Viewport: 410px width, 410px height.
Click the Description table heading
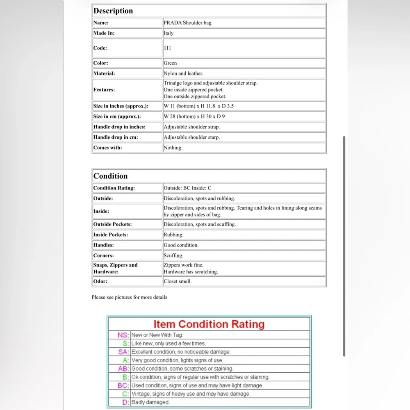[x=113, y=11]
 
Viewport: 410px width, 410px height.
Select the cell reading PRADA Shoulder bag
[x=187, y=23]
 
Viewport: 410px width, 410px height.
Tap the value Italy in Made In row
[x=169, y=33]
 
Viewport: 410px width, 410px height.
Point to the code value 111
[x=167, y=48]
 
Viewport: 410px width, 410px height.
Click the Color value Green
[x=170, y=63]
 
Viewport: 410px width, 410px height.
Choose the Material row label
[x=104, y=73]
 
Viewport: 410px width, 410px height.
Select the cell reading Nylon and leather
[x=183, y=73]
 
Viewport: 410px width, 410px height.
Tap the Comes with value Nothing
[x=173, y=148]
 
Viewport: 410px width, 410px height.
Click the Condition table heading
[x=110, y=176]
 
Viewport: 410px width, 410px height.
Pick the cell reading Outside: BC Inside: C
[x=187, y=188]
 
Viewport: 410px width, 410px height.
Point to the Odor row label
[x=100, y=281]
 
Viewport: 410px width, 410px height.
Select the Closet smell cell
[x=178, y=281]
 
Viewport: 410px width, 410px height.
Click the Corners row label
[x=103, y=255]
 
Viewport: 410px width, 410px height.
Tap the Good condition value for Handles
[x=181, y=245]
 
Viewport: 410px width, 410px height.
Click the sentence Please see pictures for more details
[x=129, y=297]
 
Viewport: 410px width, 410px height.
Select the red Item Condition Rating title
[x=209, y=324]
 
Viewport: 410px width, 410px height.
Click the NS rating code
[x=123, y=335]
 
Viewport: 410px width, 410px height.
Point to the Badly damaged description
[x=150, y=402]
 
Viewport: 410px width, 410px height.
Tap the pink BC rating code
[x=123, y=385]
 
